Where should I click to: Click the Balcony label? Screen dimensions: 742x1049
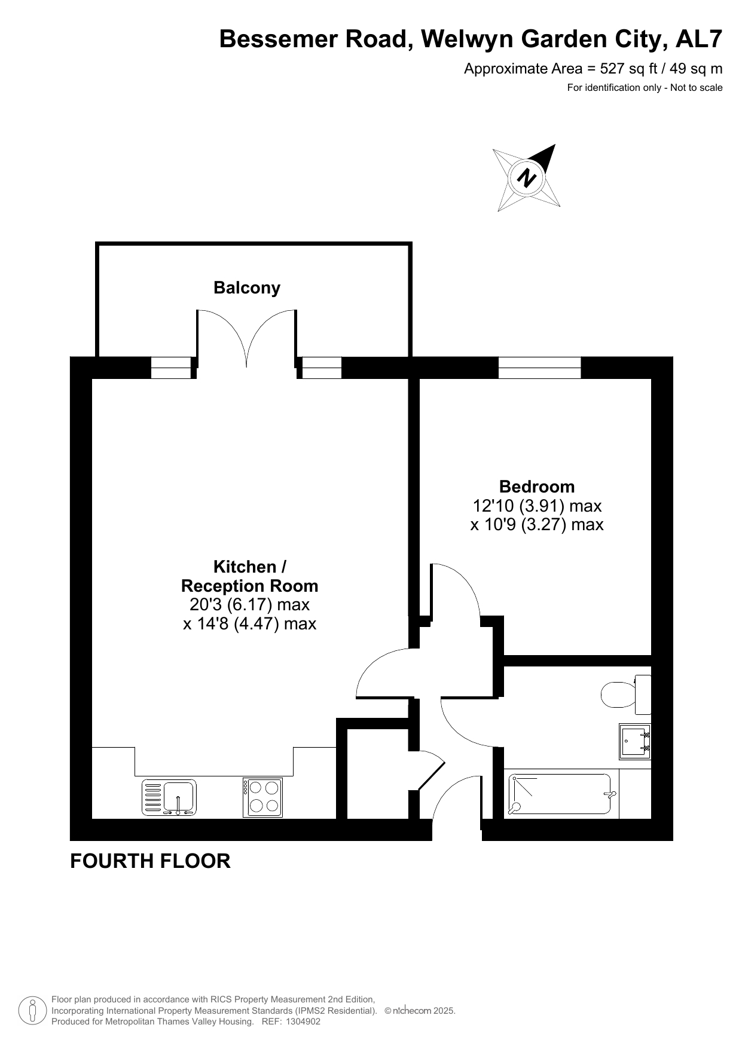click(247, 288)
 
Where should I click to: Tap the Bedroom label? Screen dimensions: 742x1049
click(537, 487)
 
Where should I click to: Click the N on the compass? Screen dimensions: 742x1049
click(527, 178)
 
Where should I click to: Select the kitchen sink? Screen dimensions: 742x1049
click(169, 798)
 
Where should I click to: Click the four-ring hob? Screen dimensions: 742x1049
click(262, 797)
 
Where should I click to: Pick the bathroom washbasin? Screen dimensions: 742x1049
click(635, 741)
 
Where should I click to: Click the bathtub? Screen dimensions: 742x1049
click(560, 794)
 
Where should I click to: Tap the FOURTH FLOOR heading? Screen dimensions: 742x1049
click(150, 861)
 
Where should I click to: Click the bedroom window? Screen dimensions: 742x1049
click(539, 368)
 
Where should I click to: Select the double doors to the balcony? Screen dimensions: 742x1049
click(246, 339)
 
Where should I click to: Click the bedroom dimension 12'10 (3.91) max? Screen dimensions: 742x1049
click(537, 506)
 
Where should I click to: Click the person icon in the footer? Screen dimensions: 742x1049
click(33, 1010)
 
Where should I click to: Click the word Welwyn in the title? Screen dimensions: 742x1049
click(468, 39)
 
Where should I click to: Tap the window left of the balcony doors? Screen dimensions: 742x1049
click(170, 368)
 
